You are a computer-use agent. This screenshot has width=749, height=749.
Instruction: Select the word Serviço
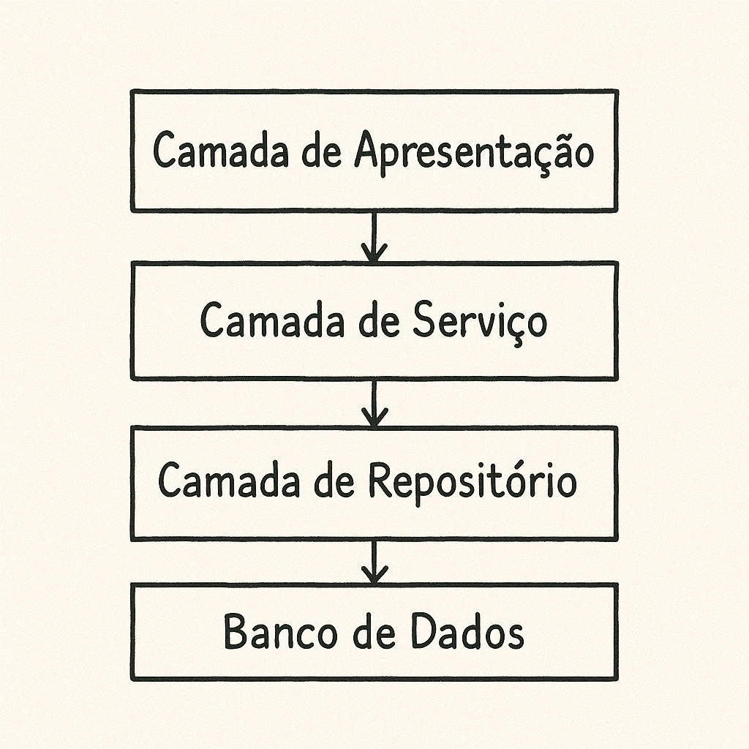(x=479, y=320)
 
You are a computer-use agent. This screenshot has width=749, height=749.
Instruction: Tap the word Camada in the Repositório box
(x=224, y=481)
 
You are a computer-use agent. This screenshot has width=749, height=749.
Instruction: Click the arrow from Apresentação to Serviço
(x=374, y=237)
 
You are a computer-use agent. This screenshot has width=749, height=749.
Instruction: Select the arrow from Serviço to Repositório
(x=374, y=403)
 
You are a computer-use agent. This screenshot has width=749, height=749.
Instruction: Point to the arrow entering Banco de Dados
(x=374, y=562)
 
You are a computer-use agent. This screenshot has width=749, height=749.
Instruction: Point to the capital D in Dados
(x=424, y=631)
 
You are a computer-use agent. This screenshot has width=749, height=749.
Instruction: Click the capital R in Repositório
(x=380, y=481)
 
